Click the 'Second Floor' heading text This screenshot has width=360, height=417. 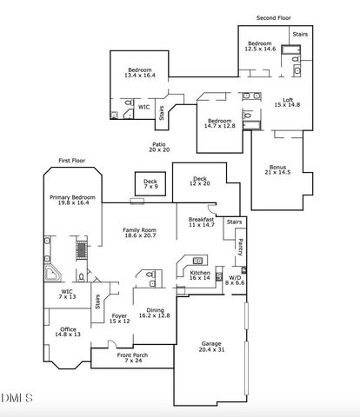click(273, 17)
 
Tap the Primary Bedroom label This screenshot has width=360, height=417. click(70, 201)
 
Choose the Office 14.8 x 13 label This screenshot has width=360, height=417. click(67, 331)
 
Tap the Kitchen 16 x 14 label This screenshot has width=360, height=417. click(200, 275)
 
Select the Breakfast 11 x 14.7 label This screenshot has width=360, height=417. click(201, 222)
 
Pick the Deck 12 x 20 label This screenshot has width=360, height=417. click(199, 181)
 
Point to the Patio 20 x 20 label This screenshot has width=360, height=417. click(159, 147)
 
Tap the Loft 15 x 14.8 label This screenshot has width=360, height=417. click(287, 103)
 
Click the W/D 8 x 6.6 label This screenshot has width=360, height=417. click(235, 281)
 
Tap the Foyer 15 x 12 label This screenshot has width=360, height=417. click(120, 318)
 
